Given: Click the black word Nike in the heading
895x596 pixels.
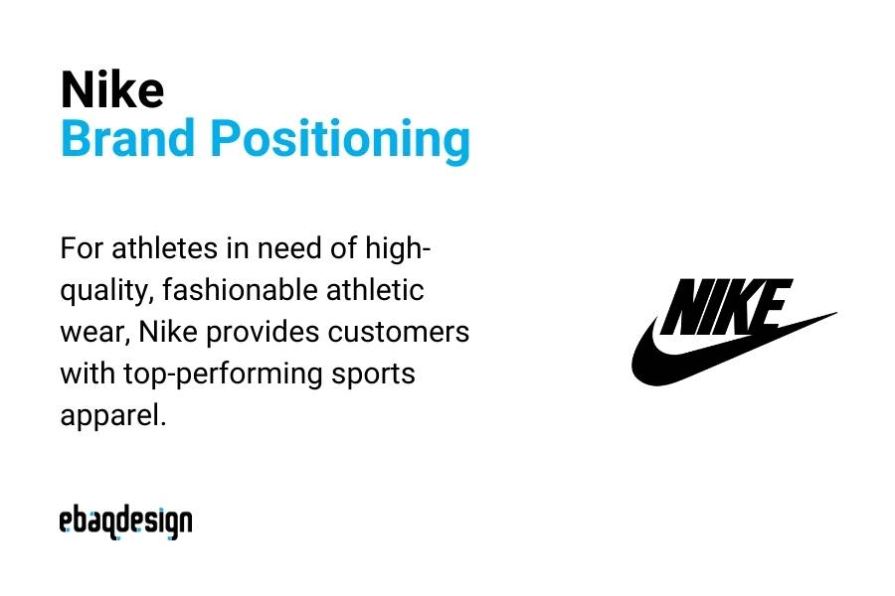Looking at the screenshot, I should coord(111,90).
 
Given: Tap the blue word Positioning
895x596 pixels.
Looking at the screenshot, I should coord(339,141).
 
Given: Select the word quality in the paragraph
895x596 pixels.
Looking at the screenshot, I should coord(105,292).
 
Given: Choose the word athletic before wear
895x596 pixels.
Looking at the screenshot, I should coord(374,290).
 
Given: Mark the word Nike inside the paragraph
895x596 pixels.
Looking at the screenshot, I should coord(171,332).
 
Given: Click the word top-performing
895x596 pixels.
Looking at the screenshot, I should coord(221,375).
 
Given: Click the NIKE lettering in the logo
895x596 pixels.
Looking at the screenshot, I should coord(725,306).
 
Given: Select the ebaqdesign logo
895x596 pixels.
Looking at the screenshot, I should coord(125,521).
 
